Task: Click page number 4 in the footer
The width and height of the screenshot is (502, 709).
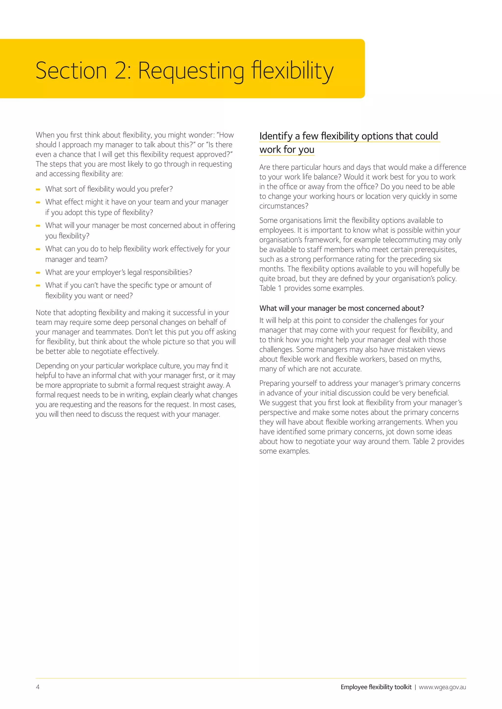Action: point(38,687)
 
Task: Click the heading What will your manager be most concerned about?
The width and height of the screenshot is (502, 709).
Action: point(341,308)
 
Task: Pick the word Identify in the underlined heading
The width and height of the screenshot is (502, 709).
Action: point(276,136)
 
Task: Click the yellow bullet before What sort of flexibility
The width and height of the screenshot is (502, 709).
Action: point(38,189)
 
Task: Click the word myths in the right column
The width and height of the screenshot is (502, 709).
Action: point(431,359)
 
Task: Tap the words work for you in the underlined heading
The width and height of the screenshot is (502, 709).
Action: point(287,150)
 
